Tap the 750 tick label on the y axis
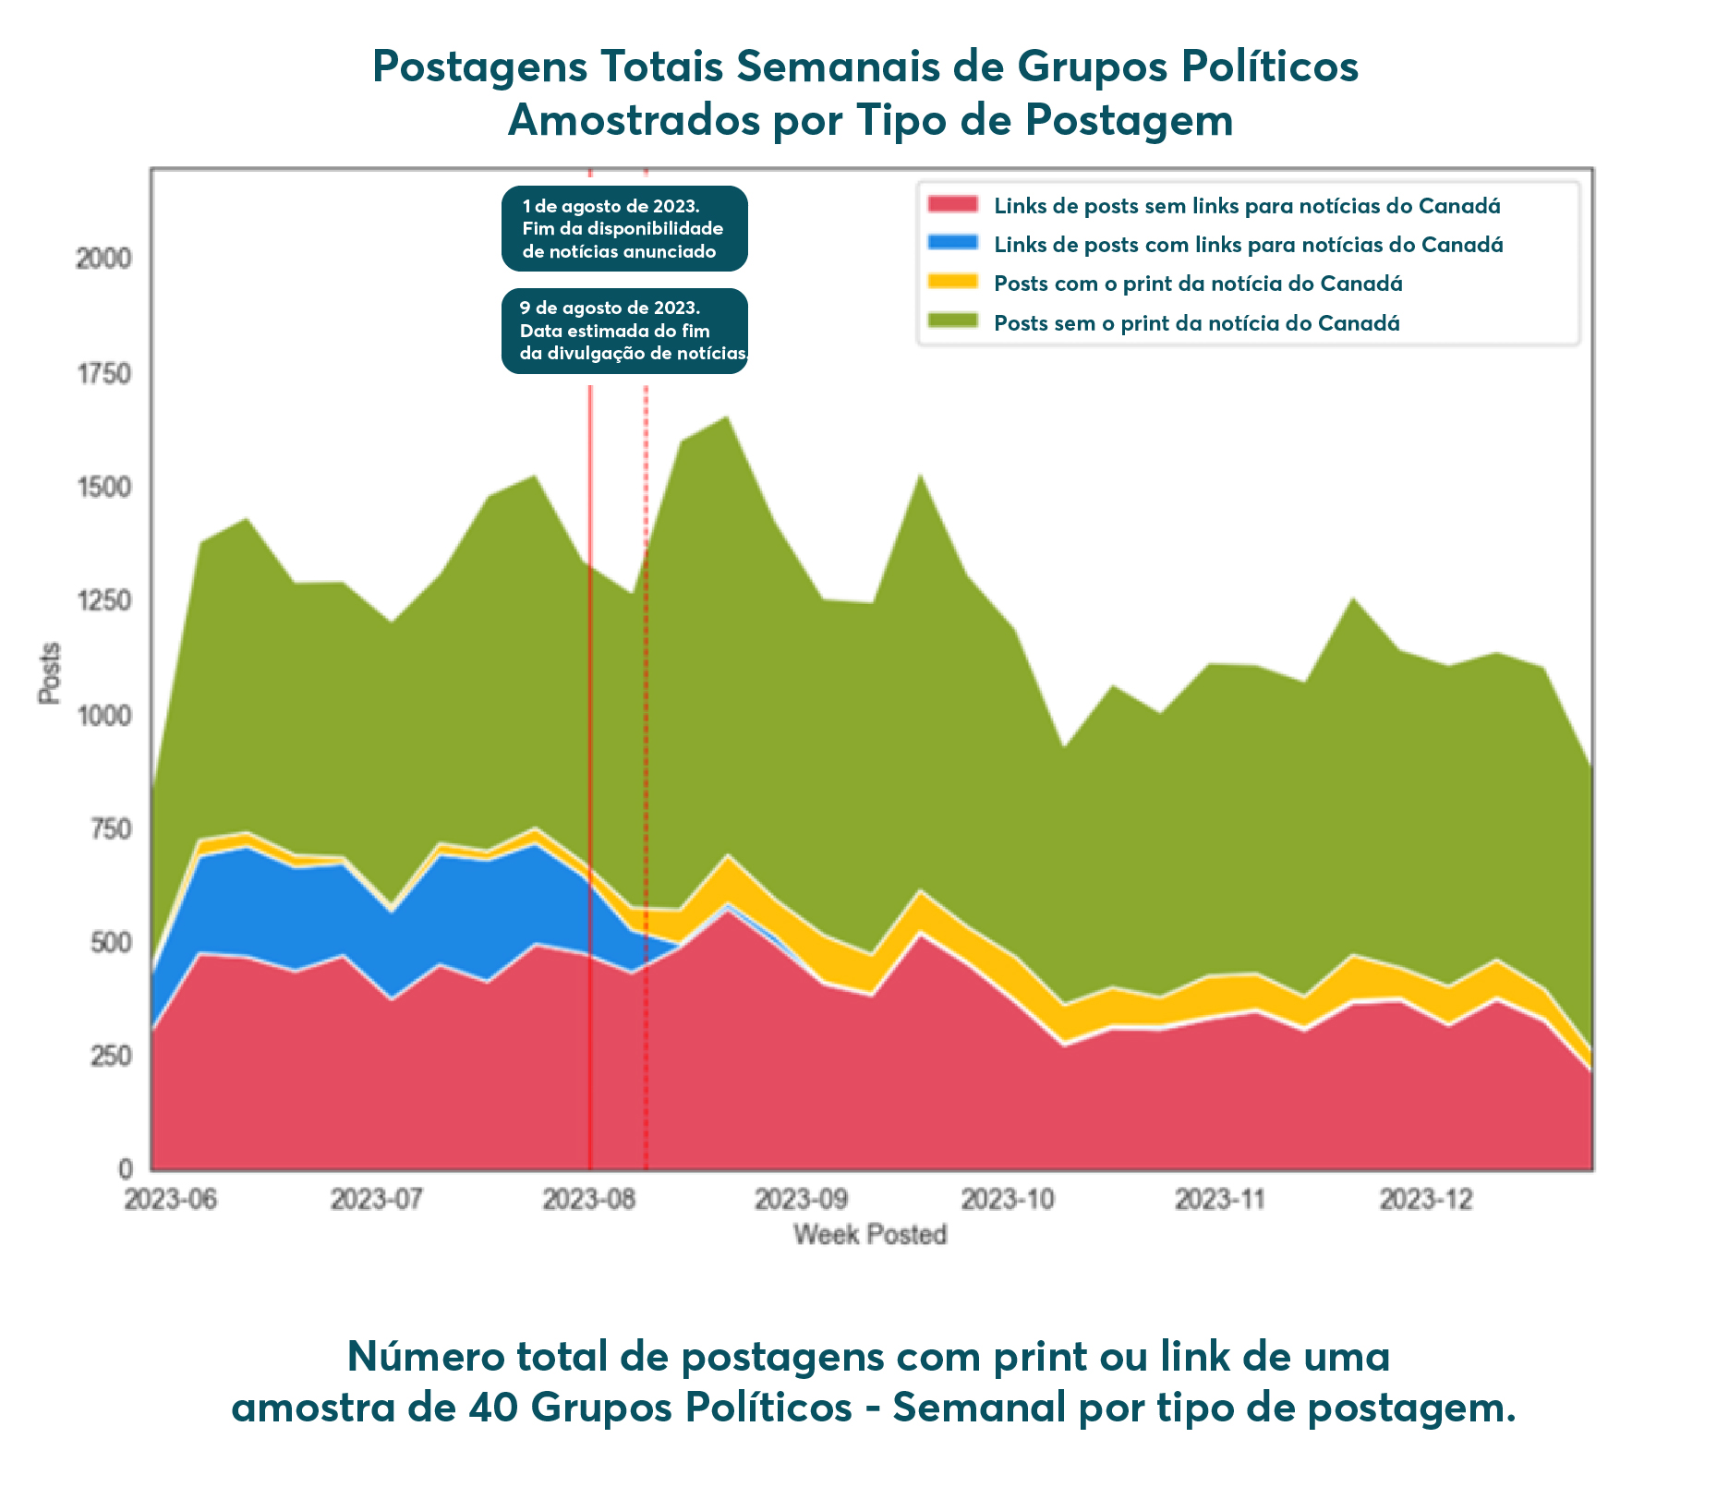[x=110, y=829]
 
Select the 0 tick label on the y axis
[x=126, y=1169]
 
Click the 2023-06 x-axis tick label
[x=171, y=1200]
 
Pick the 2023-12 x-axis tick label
[x=1426, y=1200]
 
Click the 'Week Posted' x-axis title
[x=870, y=1235]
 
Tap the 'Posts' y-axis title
[x=50, y=672]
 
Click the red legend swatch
[x=952, y=205]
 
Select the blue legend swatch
[x=952, y=244]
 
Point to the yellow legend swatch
[x=952, y=283]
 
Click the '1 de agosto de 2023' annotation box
[x=624, y=228]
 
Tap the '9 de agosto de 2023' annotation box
[x=624, y=331]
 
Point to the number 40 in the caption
[x=493, y=1408]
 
